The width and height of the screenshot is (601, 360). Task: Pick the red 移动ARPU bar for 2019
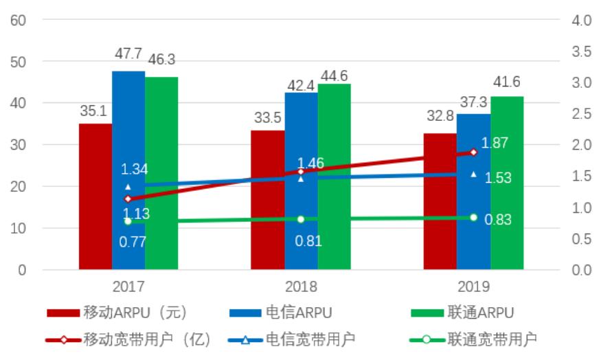point(440,206)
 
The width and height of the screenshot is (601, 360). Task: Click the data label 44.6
point(334,75)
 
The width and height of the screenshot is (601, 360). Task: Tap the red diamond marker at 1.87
point(473,153)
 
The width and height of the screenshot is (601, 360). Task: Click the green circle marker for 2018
point(301,219)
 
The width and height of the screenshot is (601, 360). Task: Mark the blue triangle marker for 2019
point(473,175)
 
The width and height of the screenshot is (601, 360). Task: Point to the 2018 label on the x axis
point(301,286)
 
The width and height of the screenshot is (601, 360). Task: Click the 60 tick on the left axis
point(19,21)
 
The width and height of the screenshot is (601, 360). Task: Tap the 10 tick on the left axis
point(19,228)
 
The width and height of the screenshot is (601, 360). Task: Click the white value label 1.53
point(498,178)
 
